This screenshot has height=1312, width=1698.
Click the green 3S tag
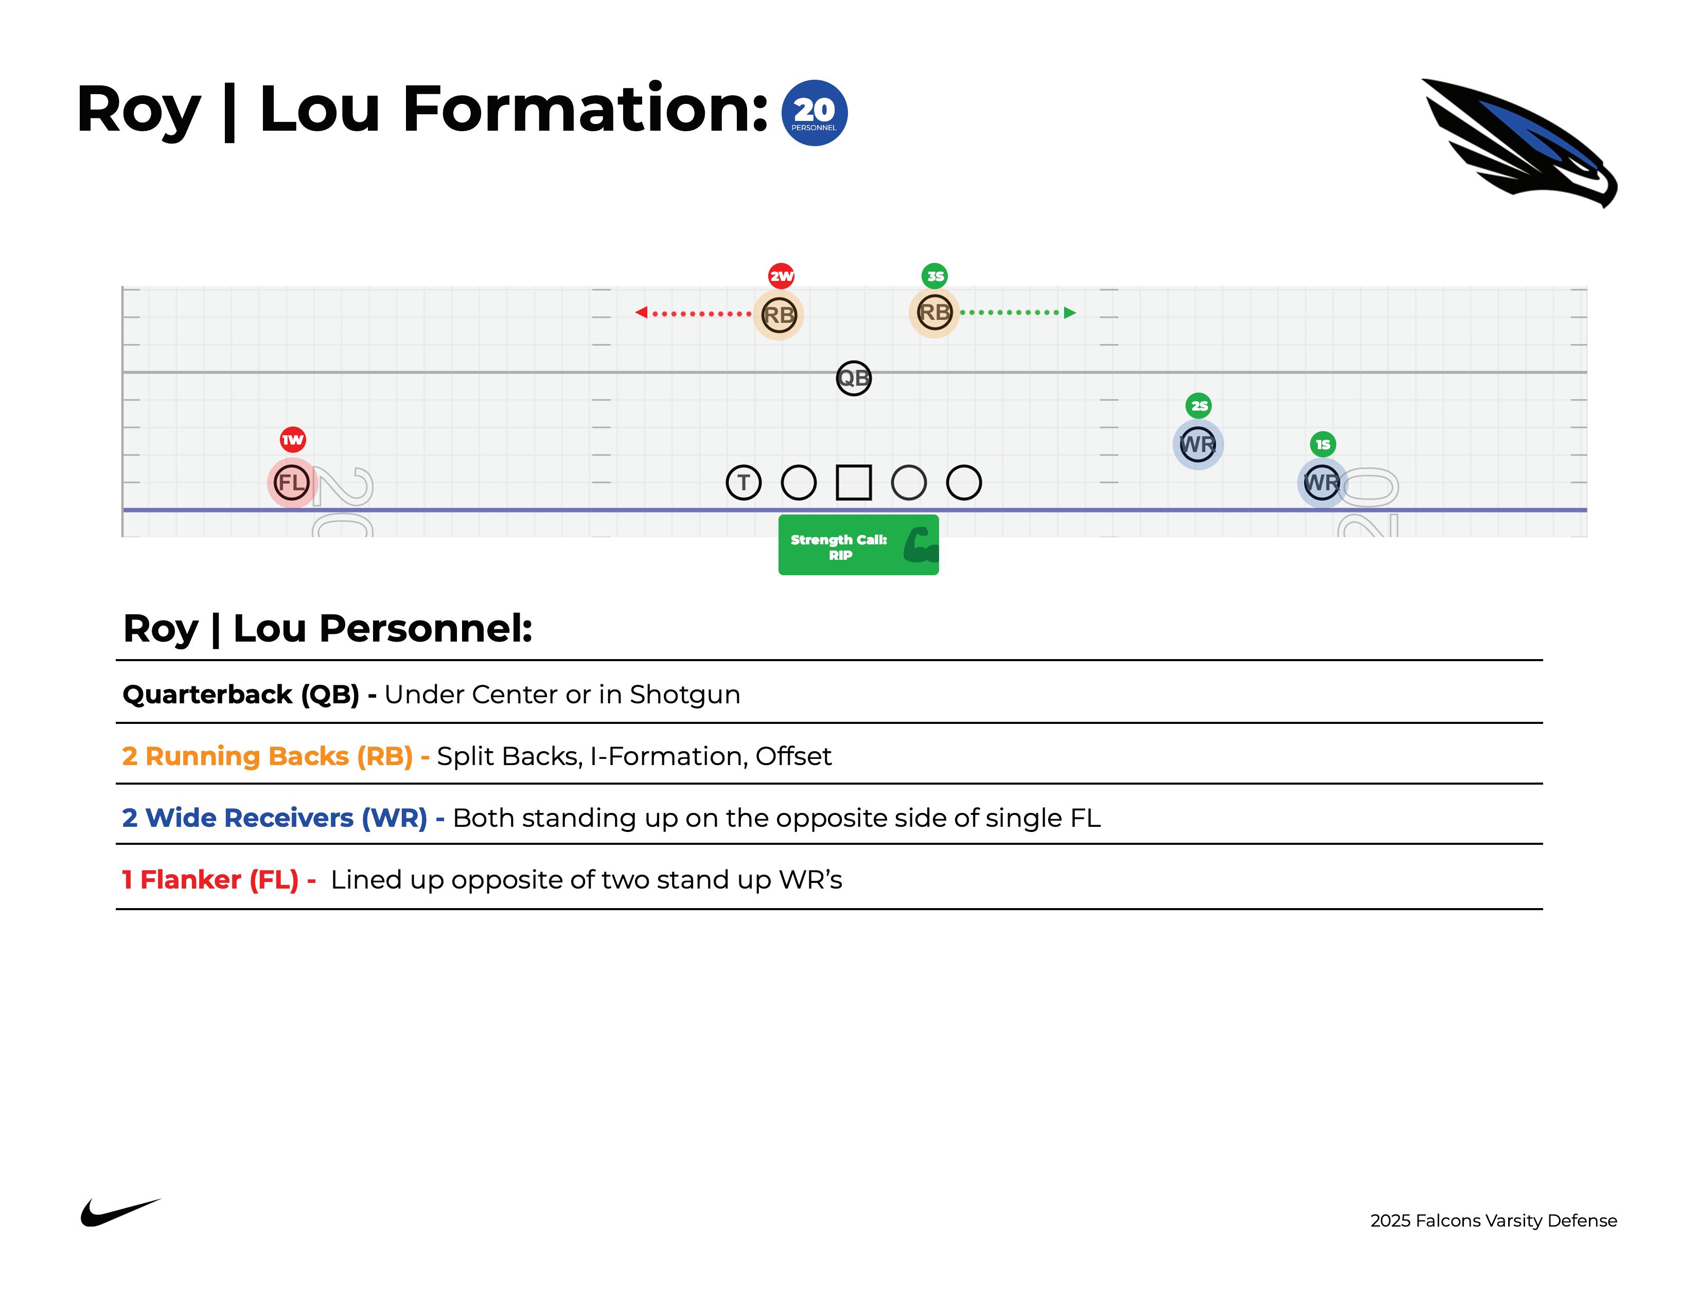coord(934,276)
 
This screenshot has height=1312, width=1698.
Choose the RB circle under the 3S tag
coord(934,312)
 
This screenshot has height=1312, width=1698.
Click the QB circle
coord(854,379)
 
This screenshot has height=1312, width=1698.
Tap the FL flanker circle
coord(292,483)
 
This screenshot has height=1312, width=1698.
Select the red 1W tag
coord(292,440)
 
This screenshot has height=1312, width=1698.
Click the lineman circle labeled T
coord(744,483)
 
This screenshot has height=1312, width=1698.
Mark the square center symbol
coord(854,483)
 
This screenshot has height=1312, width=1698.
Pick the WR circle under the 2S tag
coord(1197,445)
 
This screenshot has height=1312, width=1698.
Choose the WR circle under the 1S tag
coord(1322,483)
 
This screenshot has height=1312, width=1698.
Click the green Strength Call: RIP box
coord(858,545)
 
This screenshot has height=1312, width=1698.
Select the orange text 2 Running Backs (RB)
coord(268,756)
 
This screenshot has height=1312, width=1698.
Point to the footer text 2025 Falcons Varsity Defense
coord(1493,1220)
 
